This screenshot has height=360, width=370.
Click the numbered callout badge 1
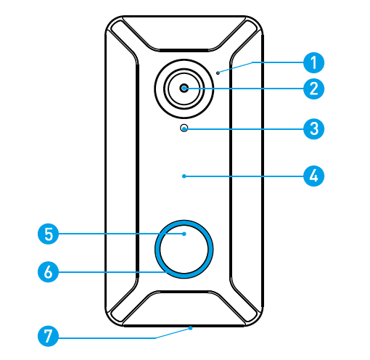(313, 62)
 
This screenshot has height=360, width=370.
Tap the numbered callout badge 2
(313, 89)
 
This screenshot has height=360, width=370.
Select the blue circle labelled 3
(313, 129)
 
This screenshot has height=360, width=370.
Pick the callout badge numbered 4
(313, 176)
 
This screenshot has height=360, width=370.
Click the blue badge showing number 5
(49, 234)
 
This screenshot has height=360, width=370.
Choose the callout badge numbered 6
(49, 272)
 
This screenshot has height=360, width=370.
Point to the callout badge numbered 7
(49, 336)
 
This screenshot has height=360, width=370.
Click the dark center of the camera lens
(184, 89)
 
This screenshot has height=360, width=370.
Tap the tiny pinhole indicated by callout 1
(218, 73)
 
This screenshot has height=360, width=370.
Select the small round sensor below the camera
(184, 128)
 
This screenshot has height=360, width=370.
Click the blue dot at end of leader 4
(184, 176)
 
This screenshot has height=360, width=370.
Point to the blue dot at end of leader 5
(184, 234)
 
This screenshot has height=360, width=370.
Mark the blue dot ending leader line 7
(191, 328)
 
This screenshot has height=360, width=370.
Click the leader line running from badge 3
(244, 129)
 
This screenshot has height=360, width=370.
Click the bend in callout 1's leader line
(252, 62)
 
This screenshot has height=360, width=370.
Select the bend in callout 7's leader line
(155, 337)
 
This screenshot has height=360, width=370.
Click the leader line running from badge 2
(244, 89)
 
